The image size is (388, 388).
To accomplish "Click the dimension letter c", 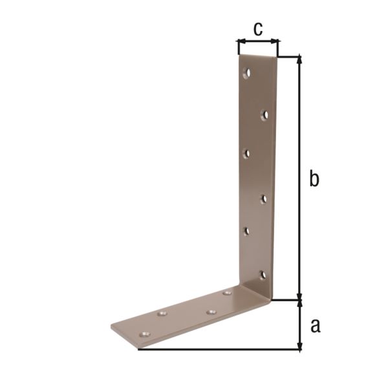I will (258, 28).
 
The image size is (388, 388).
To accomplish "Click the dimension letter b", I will (314, 179).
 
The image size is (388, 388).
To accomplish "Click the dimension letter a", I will (315, 325).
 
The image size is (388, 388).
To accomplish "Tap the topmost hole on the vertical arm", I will (246, 74).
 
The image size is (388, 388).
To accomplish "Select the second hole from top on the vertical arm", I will (264, 114).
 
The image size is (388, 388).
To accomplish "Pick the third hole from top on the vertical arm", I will (246, 153).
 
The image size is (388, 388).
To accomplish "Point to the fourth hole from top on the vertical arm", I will (264, 199).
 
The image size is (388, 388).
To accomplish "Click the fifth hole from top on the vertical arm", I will (246, 231).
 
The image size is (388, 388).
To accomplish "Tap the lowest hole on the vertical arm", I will (263, 275).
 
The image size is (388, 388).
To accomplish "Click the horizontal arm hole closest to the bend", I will (227, 294).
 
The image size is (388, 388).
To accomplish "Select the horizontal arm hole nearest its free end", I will (146, 335).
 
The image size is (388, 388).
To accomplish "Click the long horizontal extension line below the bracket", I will (220, 350).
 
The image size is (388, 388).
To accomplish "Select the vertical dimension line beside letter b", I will (299, 129).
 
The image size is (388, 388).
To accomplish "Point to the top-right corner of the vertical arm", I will (277, 57).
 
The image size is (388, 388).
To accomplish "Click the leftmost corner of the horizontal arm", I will (111, 327).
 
